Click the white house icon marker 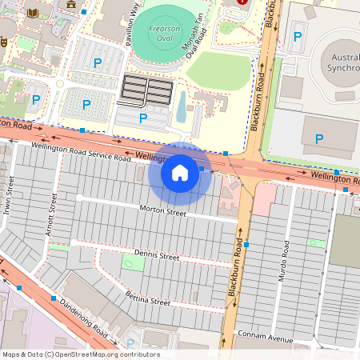tap(180, 171)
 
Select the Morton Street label tap(162, 211)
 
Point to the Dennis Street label tap(157, 256)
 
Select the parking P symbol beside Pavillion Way tap(98, 62)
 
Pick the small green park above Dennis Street tap(128, 262)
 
